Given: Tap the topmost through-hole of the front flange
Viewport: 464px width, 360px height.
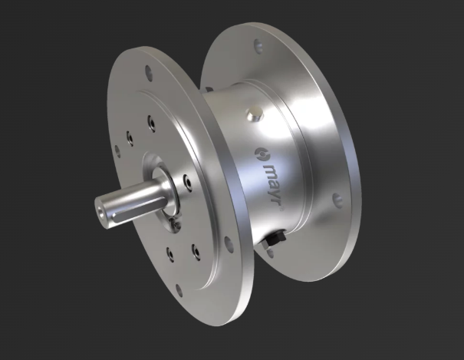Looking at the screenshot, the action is (149, 71).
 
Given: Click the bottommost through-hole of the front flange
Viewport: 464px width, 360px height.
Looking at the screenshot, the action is (178, 289).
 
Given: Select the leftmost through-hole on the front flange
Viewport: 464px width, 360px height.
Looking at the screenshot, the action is (118, 151).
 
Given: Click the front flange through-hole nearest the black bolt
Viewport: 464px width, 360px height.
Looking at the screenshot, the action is (228, 243).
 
